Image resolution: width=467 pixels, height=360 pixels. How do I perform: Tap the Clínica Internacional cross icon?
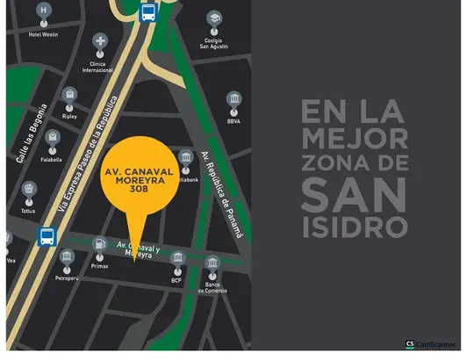pyautogui.click(x=102, y=42)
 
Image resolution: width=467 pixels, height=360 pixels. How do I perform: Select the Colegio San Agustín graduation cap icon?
pyautogui.click(x=213, y=18)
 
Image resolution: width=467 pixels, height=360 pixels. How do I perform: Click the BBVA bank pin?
pyautogui.click(x=233, y=99)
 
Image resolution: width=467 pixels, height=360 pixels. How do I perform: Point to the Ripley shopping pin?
pyautogui.click(x=69, y=94)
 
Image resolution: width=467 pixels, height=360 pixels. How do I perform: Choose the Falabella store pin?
pyautogui.click(x=53, y=139)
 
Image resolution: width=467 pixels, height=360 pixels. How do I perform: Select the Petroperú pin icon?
pyautogui.click(x=68, y=258)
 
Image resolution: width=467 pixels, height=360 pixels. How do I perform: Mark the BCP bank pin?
pyautogui.click(x=176, y=260)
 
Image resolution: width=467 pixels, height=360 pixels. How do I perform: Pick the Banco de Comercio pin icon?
pyautogui.click(x=212, y=264)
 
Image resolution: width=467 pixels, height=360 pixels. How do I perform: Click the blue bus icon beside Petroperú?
pyautogui.click(x=47, y=236)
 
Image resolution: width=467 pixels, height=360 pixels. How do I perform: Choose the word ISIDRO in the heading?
pyautogui.click(x=354, y=227)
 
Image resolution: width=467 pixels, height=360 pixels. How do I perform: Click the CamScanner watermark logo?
pyautogui.click(x=434, y=345)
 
